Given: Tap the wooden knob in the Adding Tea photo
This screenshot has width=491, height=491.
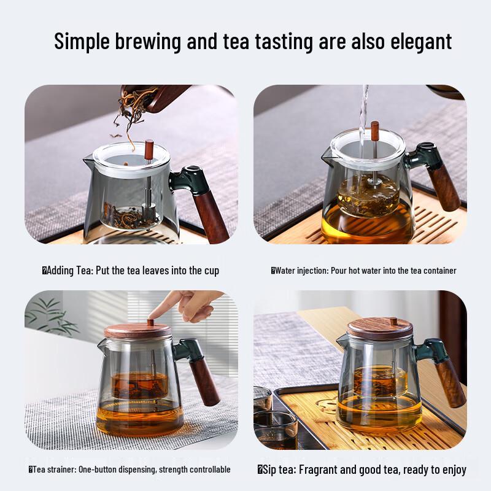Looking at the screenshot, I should [149, 148].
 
